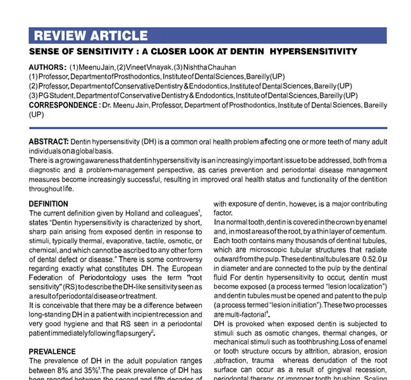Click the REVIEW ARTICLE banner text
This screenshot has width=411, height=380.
[90, 35]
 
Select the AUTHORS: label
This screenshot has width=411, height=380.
[47, 67]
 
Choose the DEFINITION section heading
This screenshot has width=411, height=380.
[49, 204]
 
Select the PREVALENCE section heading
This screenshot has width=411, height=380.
[52, 351]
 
